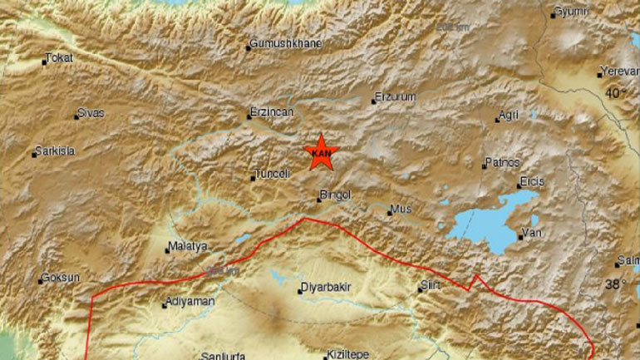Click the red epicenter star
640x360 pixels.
(319, 152)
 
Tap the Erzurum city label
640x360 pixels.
(395, 97)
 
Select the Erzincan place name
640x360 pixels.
(272, 111)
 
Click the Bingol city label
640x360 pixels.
(336, 195)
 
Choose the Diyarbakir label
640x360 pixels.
(325, 290)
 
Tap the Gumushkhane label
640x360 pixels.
(286, 44)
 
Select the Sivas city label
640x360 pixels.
(90, 113)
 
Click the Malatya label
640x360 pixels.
(187, 246)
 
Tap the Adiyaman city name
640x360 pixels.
(190, 301)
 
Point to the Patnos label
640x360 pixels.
(502, 162)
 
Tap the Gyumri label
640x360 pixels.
(571, 12)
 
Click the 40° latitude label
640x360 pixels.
(615, 93)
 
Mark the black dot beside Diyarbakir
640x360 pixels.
(301, 291)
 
